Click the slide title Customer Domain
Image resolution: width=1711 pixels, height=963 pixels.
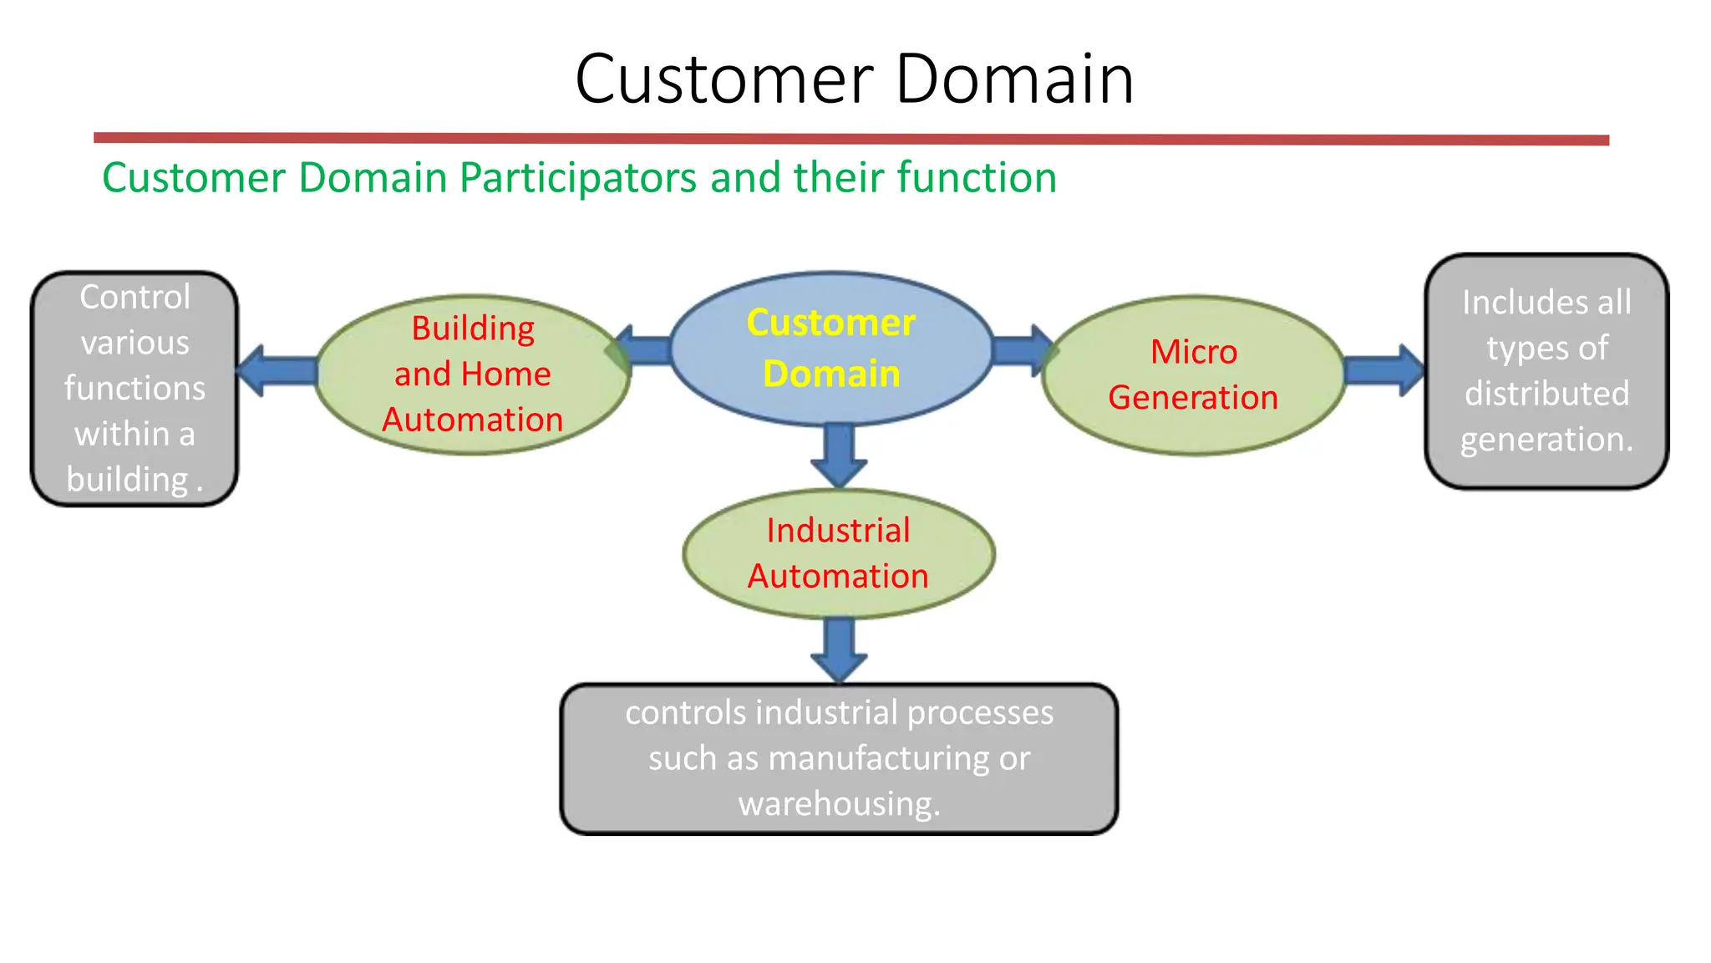pos(854,79)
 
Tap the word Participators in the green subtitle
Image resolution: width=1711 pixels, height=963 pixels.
pos(577,178)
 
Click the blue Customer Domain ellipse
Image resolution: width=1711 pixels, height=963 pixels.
pos(830,348)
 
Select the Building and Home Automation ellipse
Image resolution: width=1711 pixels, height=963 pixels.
pos(472,374)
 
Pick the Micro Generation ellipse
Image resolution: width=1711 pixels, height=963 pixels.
pos(1193,374)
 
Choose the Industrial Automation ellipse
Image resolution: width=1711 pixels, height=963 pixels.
pos(838,553)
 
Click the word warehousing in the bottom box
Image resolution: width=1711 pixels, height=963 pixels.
pos(839,803)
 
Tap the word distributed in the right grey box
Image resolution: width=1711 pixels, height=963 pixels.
pos(1546,394)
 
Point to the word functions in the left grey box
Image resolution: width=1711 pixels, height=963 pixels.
pos(135,389)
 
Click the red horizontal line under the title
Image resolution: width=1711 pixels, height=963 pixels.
pos(850,139)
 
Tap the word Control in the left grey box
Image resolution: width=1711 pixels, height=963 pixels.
pos(135,298)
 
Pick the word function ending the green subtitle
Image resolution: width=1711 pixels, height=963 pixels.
pos(977,178)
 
